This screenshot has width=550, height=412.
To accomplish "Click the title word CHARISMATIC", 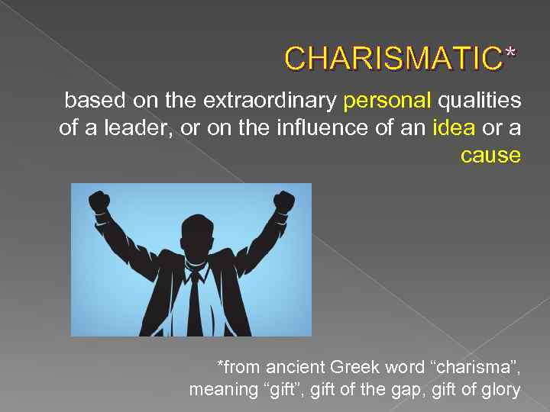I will (x=393, y=57).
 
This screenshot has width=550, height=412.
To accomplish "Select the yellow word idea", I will (x=453, y=128).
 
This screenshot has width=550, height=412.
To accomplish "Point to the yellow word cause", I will (x=490, y=156).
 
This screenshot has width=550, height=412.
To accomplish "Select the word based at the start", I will (x=87, y=101).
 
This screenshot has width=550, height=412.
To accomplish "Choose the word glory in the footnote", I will (x=500, y=391).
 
